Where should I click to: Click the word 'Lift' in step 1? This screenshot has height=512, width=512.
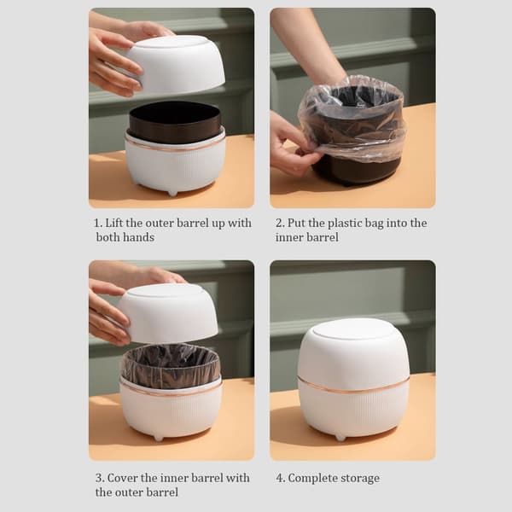click(x=114, y=223)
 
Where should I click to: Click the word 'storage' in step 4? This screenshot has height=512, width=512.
click(x=360, y=479)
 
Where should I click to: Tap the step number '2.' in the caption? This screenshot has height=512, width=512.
click(x=280, y=223)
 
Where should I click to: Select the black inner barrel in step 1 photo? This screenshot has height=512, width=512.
click(x=174, y=121)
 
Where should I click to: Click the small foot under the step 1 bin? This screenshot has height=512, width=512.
click(x=172, y=194)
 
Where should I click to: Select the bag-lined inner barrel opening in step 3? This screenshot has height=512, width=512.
click(x=172, y=366)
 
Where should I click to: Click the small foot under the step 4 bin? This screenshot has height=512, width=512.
click(x=340, y=437)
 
